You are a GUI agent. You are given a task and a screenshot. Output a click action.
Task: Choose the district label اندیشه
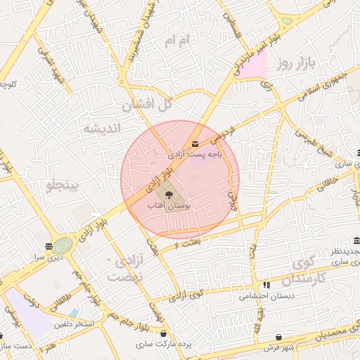point(103,129)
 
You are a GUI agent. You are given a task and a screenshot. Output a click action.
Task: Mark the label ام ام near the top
point(177,41)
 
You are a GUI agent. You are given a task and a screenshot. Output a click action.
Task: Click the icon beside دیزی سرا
point(48,246)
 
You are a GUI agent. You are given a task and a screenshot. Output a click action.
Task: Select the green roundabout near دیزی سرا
point(63,246)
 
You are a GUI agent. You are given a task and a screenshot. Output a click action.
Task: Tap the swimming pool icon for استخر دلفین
point(75,312)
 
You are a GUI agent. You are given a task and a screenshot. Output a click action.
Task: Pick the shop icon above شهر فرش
point(281,337)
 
